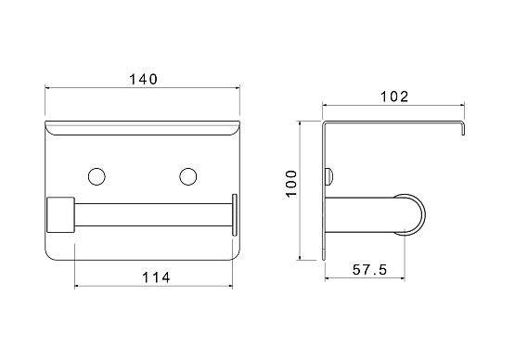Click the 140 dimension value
click(143, 79)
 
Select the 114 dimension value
click(156, 277)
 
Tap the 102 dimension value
click(394, 96)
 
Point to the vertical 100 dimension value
click(291, 184)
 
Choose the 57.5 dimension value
click(370, 270)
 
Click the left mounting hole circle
click(97, 176)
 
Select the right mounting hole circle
click(188, 176)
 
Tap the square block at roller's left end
click(60, 215)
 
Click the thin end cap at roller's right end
click(235, 215)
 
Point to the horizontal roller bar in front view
click(154, 215)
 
